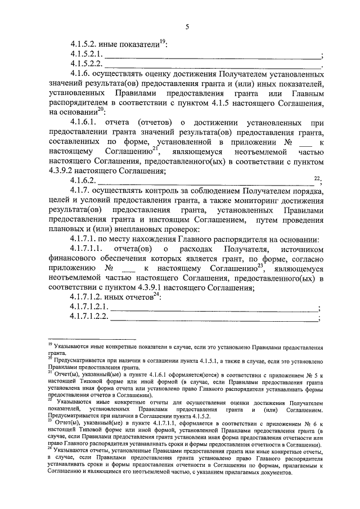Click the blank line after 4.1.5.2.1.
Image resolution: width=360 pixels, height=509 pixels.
pos(211,56)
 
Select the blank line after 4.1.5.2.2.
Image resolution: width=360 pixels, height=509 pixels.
pos(211,67)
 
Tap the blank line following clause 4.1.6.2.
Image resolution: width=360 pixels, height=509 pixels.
pos(205,182)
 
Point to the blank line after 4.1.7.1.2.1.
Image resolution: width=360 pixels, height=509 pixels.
pos(214,309)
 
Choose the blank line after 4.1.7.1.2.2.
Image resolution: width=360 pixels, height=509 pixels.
pos(214,320)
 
